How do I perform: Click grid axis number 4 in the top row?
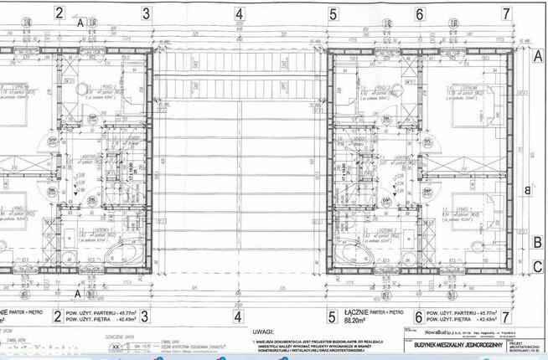[239, 13]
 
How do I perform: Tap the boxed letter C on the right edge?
[537, 267]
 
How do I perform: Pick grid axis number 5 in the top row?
[333, 13]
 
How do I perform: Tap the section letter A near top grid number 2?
[80, 23]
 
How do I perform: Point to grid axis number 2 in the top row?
[59, 13]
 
